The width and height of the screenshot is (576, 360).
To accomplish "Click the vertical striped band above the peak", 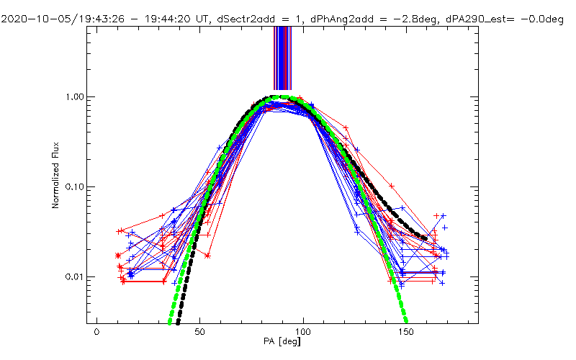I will [x=282, y=58].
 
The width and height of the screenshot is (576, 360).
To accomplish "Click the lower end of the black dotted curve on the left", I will [x=179, y=322].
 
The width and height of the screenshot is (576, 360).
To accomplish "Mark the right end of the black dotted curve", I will [x=425, y=238].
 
